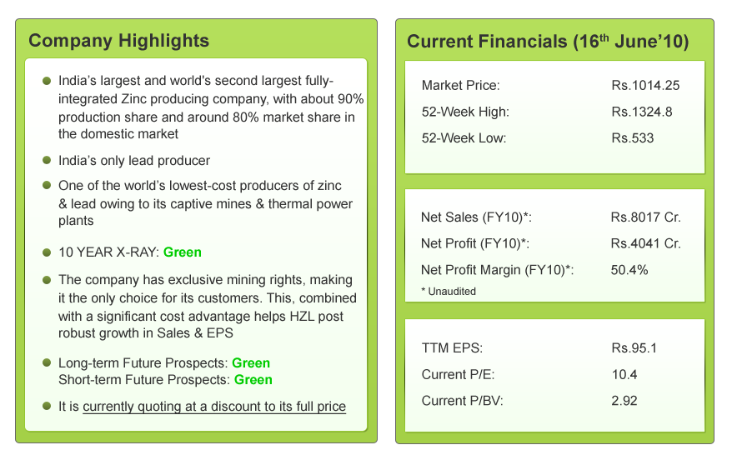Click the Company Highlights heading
click(118, 41)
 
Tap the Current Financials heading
click(548, 42)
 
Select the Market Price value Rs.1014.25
click(645, 85)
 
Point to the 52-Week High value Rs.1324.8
click(642, 112)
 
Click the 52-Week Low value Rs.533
click(633, 138)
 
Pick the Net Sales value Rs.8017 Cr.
click(645, 217)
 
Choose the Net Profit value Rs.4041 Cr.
click(645, 243)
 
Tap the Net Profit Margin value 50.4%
click(629, 270)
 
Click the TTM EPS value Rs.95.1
click(634, 348)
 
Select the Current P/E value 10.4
click(624, 375)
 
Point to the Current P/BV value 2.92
click(624, 401)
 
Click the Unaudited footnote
click(449, 292)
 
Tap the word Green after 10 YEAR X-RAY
click(183, 252)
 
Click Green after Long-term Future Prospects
click(251, 363)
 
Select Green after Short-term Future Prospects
click(253, 380)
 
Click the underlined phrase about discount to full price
click(214, 407)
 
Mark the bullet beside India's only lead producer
click(47, 160)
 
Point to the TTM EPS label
click(452, 348)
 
